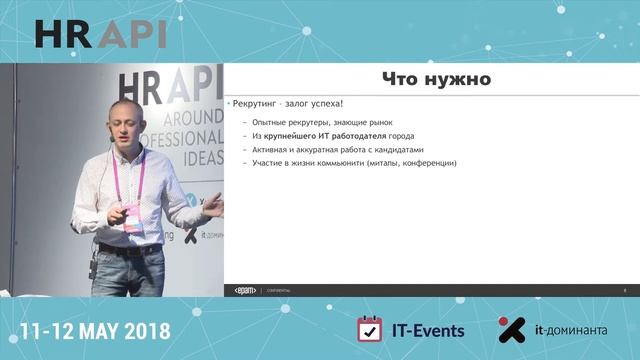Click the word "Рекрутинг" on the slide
pyautogui.click(x=256, y=104)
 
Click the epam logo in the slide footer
pyautogui.click(x=245, y=290)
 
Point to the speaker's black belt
pyautogui.click(x=130, y=248)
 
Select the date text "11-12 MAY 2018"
pyautogui.click(x=96, y=331)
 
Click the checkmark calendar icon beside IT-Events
pyautogui.click(x=370, y=330)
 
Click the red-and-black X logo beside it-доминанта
pyautogui.click(x=512, y=330)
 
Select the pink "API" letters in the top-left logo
pyautogui.click(x=134, y=33)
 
